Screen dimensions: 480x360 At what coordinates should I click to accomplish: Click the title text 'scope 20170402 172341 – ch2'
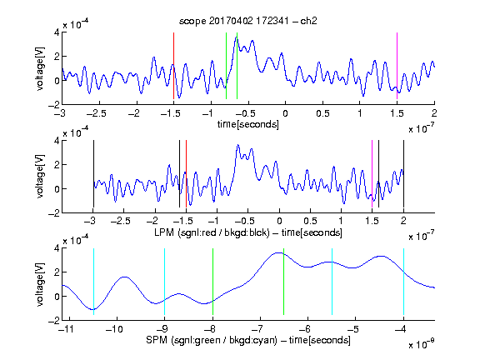[248, 21]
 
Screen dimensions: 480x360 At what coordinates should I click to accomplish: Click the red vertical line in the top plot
[173, 66]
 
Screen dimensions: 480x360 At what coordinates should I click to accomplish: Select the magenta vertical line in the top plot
[397, 66]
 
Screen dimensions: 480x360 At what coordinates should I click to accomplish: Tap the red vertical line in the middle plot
[186, 174]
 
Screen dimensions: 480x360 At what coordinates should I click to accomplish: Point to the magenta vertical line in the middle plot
[372, 174]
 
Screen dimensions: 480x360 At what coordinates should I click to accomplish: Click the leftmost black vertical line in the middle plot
[93, 174]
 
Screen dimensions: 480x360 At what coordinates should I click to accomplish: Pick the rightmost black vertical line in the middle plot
[404, 174]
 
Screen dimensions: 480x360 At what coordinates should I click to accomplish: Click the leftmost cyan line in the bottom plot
[93, 282]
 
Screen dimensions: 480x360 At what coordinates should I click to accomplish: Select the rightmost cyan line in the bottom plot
[404, 282]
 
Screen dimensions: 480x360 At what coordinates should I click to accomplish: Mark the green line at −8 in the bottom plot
[212, 282]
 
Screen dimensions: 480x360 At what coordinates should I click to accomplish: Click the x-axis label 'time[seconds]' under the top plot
[248, 124]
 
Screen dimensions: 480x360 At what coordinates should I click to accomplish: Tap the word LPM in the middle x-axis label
[164, 232]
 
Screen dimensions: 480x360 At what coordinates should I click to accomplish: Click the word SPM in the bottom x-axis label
[157, 340]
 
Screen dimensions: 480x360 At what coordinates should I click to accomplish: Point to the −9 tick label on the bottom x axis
[162, 329]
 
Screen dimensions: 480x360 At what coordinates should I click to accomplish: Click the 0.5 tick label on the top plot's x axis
[322, 113]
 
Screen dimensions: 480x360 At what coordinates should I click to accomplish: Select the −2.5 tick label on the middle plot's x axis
[121, 221]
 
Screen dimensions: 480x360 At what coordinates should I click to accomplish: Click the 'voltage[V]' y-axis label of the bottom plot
[40, 284]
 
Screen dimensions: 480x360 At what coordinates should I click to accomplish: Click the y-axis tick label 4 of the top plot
[57, 32]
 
